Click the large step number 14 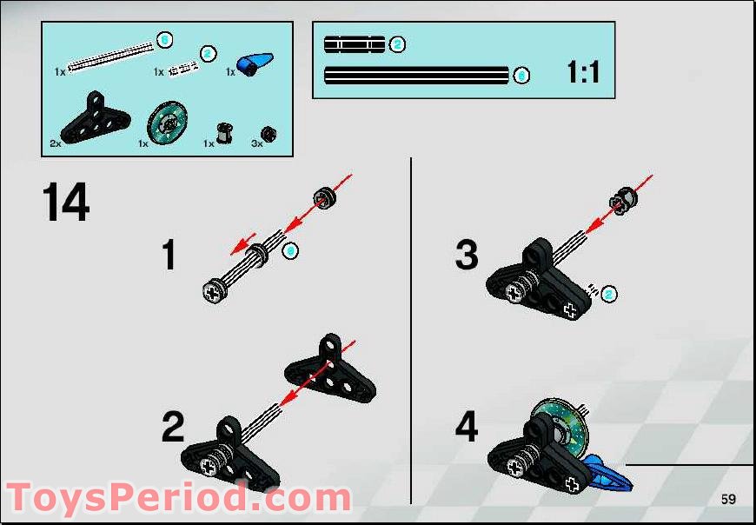[66, 202]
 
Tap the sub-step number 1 [169, 256]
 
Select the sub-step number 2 [174, 428]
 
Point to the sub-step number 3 [467, 256]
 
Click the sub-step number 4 [467, 428]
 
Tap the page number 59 [727, 499]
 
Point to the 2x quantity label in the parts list [56, 143]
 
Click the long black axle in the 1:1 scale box [415, 76]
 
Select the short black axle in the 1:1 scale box [354, 43]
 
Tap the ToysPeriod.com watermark [178, 498]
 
